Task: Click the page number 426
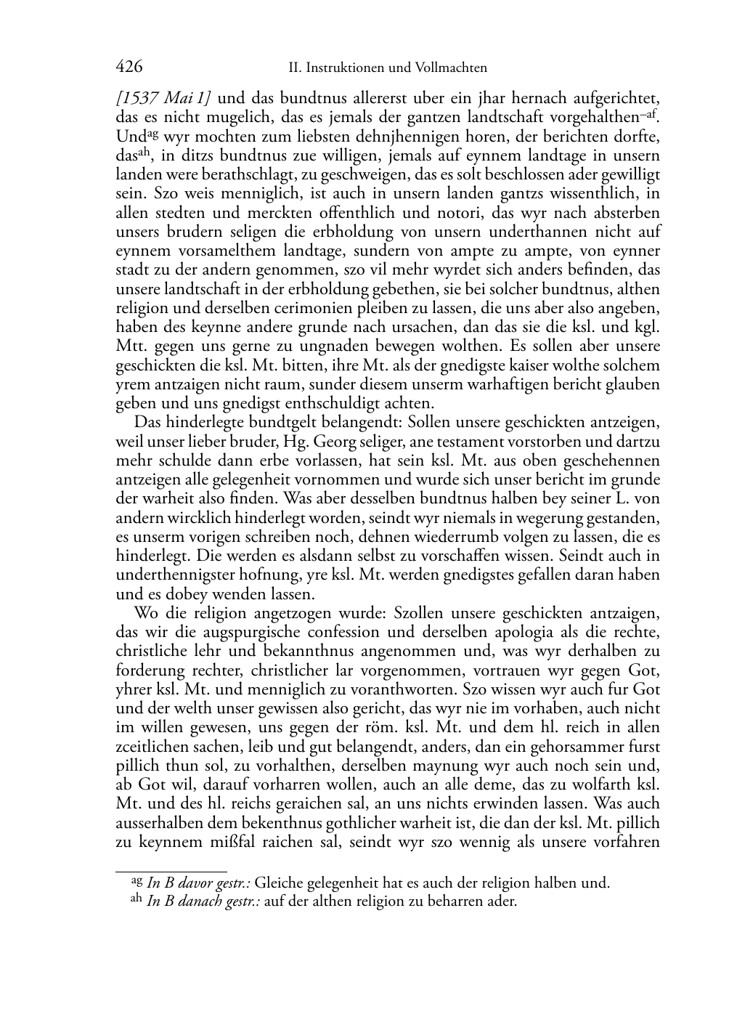(x=129, y=68)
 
